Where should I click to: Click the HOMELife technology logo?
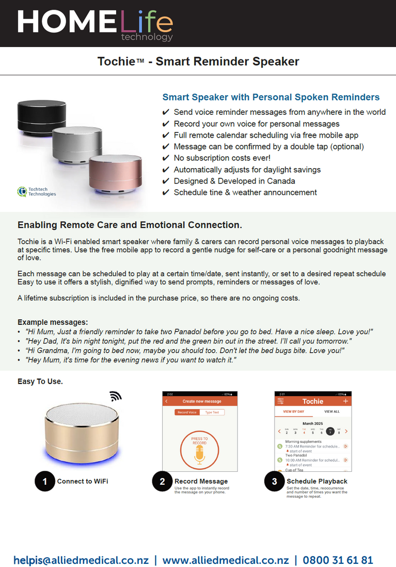[x=95, y=23]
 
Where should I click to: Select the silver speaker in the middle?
[x=77, y=143]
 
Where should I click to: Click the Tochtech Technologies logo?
[x=37, y=191]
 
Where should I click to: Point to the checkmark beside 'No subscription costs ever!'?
[x=166, y=158]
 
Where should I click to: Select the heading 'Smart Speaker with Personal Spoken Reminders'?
[x=271, y=97]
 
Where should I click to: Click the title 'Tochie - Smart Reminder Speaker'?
[x=198, y=62]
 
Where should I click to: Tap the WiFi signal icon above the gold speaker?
[x=115, y=396]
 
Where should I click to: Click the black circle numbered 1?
[x=45, y=482]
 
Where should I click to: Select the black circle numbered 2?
[x=162, y=482]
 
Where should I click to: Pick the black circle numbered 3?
[x=274, y=482]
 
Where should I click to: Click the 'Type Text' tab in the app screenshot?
[x=212, y=412]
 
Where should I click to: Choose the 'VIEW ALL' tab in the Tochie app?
[x=331, y=412]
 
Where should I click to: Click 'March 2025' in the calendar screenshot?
[x=312, y=423]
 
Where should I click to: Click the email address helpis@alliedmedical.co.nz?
[x=81, y=560]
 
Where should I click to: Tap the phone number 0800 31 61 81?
[x=338, y=560]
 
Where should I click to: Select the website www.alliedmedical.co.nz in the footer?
[x=226, y=560]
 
